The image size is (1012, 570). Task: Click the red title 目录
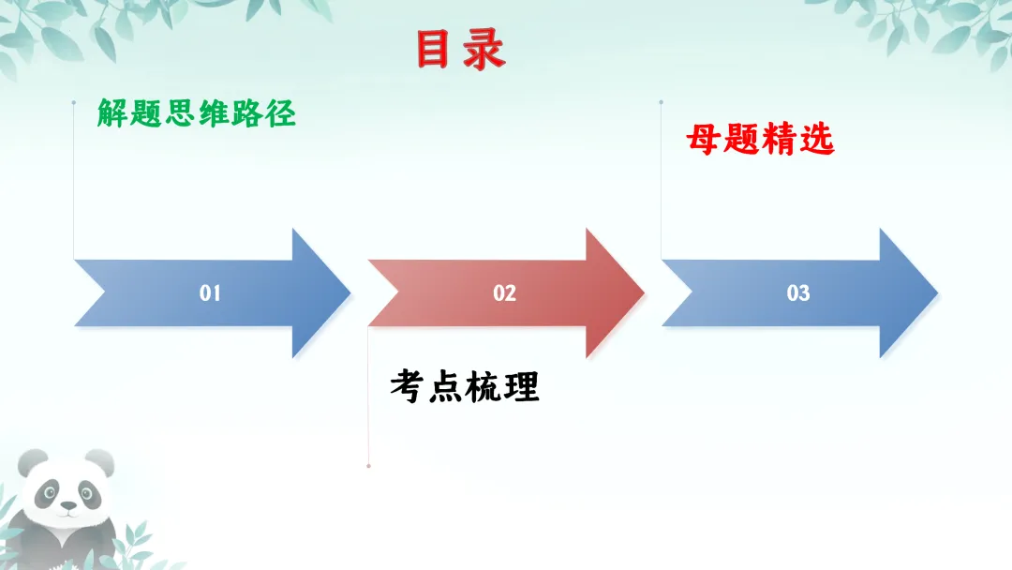[460, 51]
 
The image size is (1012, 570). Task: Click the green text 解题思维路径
[197, 113]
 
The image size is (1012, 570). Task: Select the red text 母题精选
[760, 141]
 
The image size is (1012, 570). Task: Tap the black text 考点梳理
[465, 385]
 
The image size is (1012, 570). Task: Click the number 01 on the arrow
[210, 293]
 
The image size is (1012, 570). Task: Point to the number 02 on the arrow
[504, 293]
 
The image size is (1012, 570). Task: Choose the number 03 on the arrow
[798, 293]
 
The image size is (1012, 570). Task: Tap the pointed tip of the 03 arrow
[936, 293]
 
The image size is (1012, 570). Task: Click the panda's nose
[67, 504]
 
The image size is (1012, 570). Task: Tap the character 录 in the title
[484, 51]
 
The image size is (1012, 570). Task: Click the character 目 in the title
[434, 51]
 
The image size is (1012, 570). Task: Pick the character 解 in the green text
[112, 113]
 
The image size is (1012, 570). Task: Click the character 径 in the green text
[281, 113]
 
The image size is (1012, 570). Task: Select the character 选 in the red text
[816, 141]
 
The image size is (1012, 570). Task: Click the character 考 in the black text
[408, 385]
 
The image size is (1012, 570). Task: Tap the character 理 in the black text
[522, 385]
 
